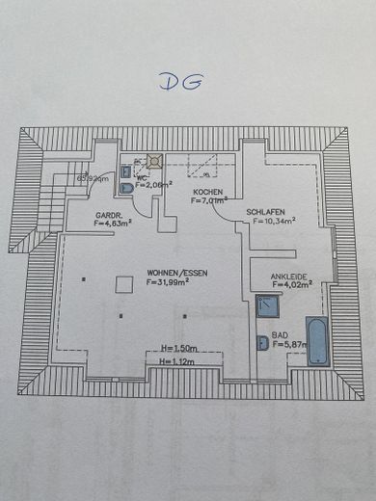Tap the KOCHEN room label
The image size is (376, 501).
(208, 194)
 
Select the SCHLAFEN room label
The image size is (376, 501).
(265, 212)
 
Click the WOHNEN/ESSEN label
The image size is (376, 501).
(175, 273)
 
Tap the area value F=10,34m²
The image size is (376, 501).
(274, 222)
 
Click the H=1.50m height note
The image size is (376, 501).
(179, 348)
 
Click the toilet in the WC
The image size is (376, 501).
(127, 188)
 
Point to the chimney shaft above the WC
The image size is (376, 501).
(152, 163)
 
